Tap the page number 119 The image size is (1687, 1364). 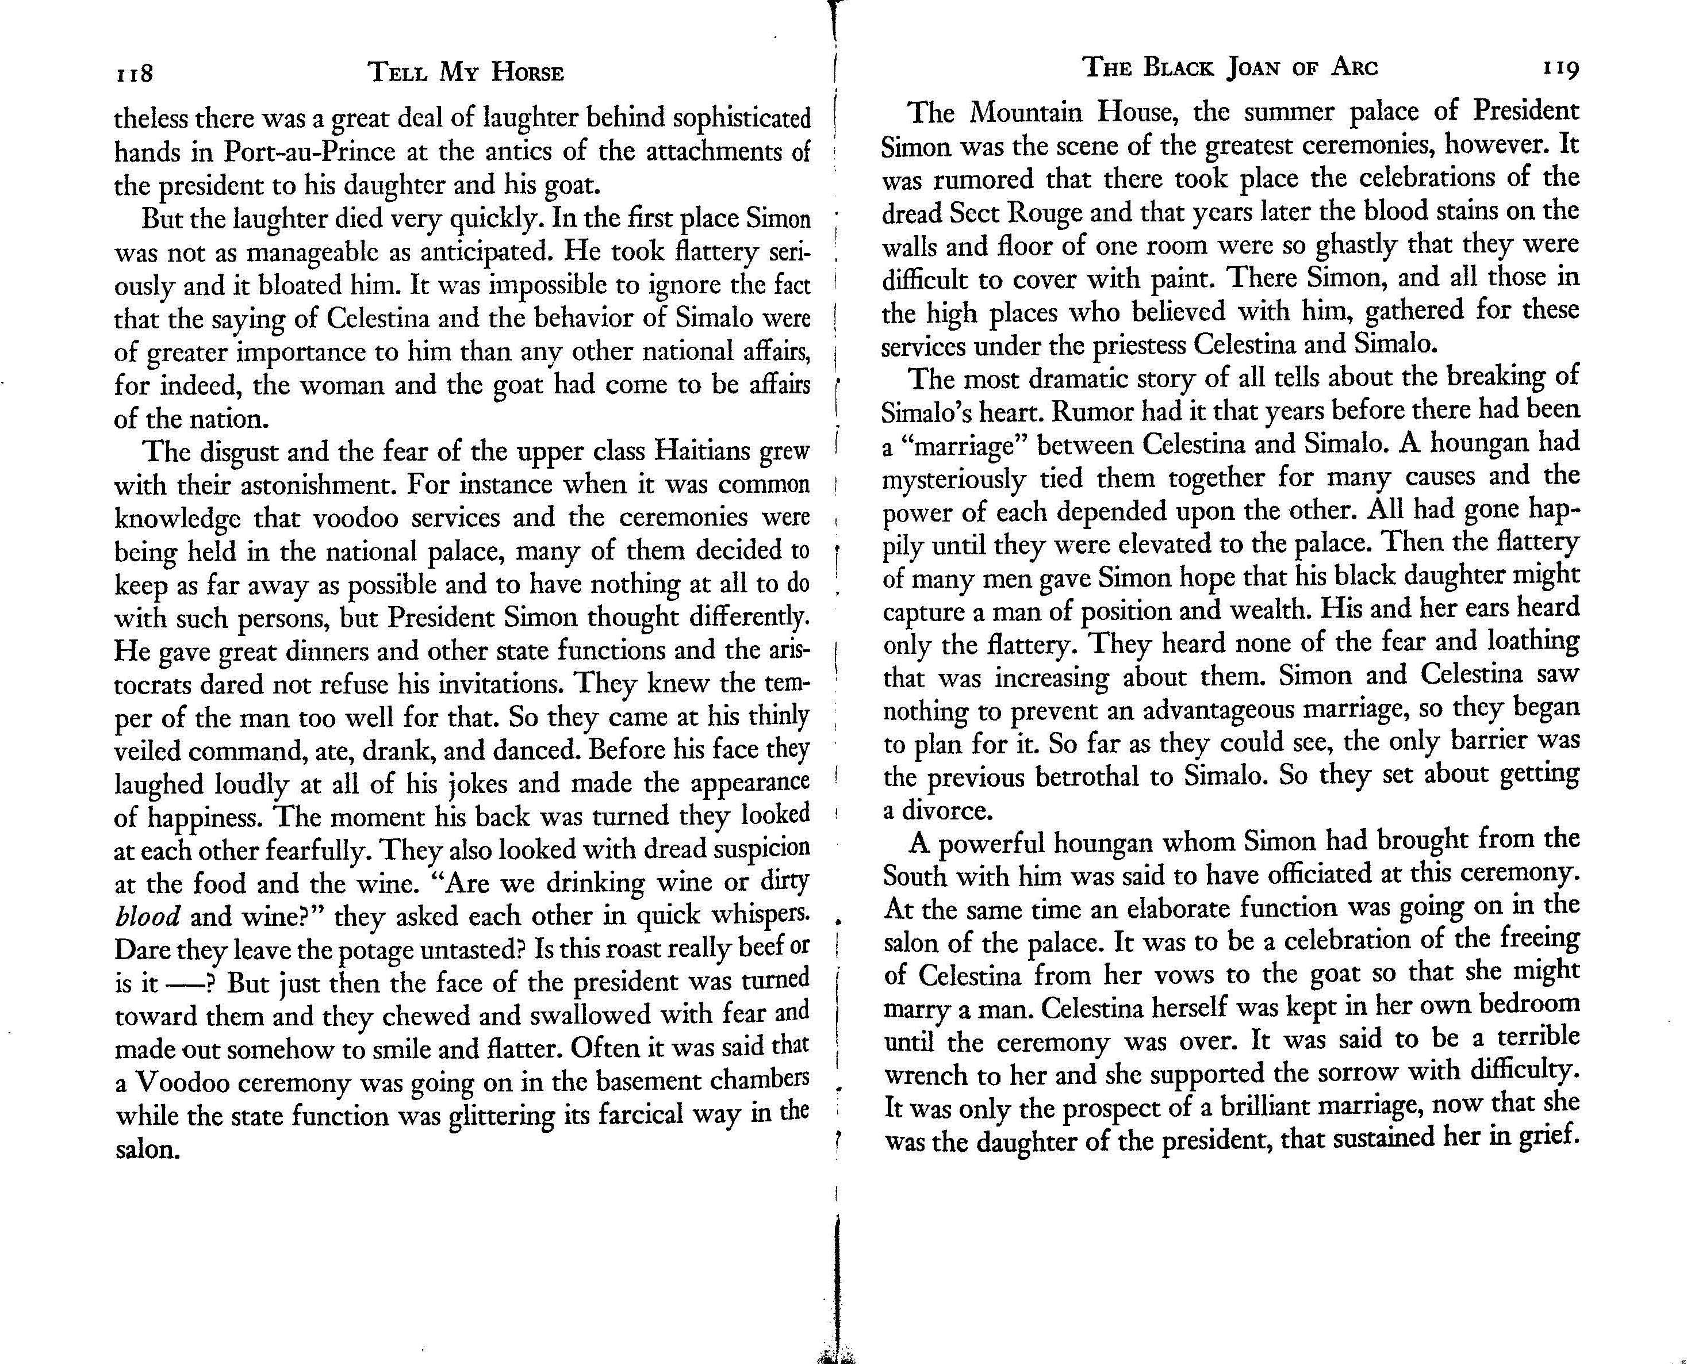1561,69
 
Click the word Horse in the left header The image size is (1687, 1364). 528,73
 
